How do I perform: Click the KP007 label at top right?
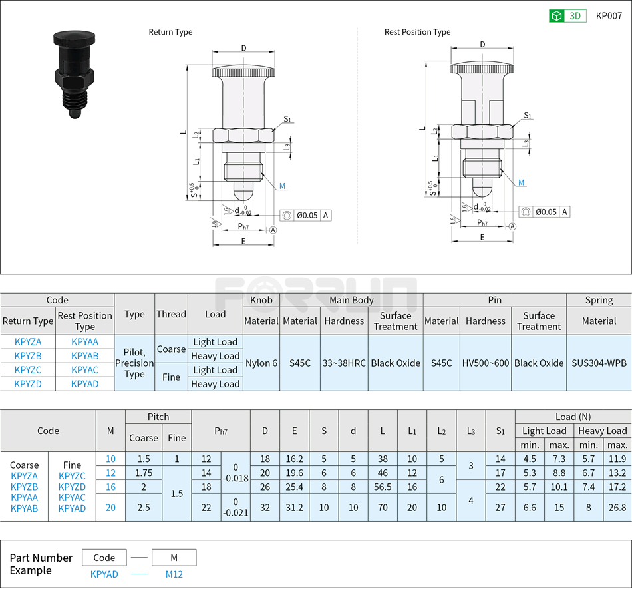click(x=609, y=16)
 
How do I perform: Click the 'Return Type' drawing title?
click(x=170, y=32)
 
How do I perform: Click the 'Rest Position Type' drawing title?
click(x=417, y=32)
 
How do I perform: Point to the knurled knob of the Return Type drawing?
click(x=243, y=72)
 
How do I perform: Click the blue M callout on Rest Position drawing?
click(x=522, y=182)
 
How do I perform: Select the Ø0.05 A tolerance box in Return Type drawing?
click(x=305, y=215)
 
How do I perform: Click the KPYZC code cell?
click(x=28, y=370)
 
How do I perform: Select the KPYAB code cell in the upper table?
click(x=84, y=356)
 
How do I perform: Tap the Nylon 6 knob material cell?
click(x=261, y=363)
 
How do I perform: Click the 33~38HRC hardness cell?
click(x=344, y=363)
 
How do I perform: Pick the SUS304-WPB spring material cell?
click(x=599, y=363)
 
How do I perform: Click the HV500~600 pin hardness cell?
click(x=485, y=363)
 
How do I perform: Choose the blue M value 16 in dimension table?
click(x=110, y=487)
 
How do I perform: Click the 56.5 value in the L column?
click(x=383, y=487)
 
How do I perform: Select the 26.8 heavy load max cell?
click(x=617, y=507)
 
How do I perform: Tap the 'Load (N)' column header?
click(x=573, y=417)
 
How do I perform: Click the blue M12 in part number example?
click(x=174, y=574)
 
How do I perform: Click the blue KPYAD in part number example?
click(x=104, y=574)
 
